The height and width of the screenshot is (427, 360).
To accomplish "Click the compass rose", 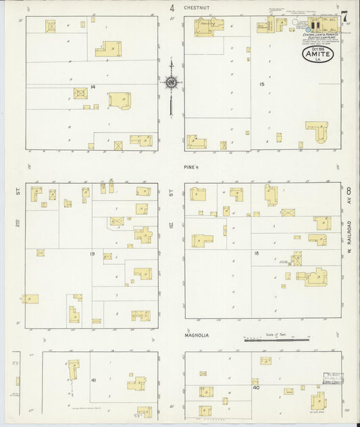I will click(172, 82).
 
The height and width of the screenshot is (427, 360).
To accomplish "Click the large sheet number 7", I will click(345, 16).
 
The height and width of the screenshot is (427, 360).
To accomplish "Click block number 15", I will click(261, 84).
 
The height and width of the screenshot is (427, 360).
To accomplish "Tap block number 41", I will click(93, 380).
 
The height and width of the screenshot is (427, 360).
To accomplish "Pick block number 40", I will click(256, 388).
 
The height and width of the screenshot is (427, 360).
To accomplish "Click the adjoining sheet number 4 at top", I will click(172, 9).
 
